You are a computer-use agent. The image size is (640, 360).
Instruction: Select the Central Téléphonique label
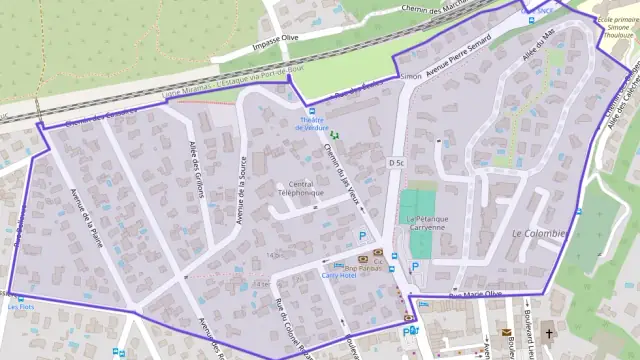(x=301, y=189)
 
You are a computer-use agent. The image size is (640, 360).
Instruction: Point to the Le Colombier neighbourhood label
(x=539, y=233)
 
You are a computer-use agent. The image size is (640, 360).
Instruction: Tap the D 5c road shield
(x=396, y=162)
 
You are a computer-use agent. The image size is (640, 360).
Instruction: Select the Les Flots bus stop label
(x=20, y=307)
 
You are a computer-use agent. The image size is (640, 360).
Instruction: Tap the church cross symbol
(x=547, y=332)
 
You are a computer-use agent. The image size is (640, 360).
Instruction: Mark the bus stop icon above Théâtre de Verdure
(x=312, y=110)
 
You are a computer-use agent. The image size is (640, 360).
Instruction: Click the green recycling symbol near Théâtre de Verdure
(x=336, y=135)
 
